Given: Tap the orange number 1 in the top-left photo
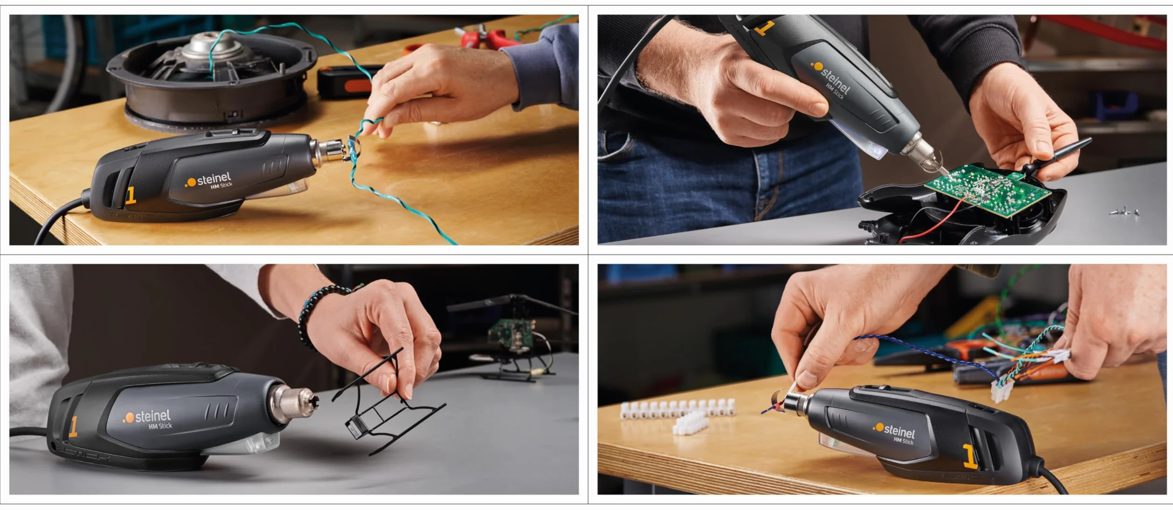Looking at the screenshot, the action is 130,196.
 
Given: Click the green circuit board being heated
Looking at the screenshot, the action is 986,189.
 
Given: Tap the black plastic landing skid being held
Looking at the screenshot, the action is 388,402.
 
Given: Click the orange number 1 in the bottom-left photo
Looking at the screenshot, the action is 73,427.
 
